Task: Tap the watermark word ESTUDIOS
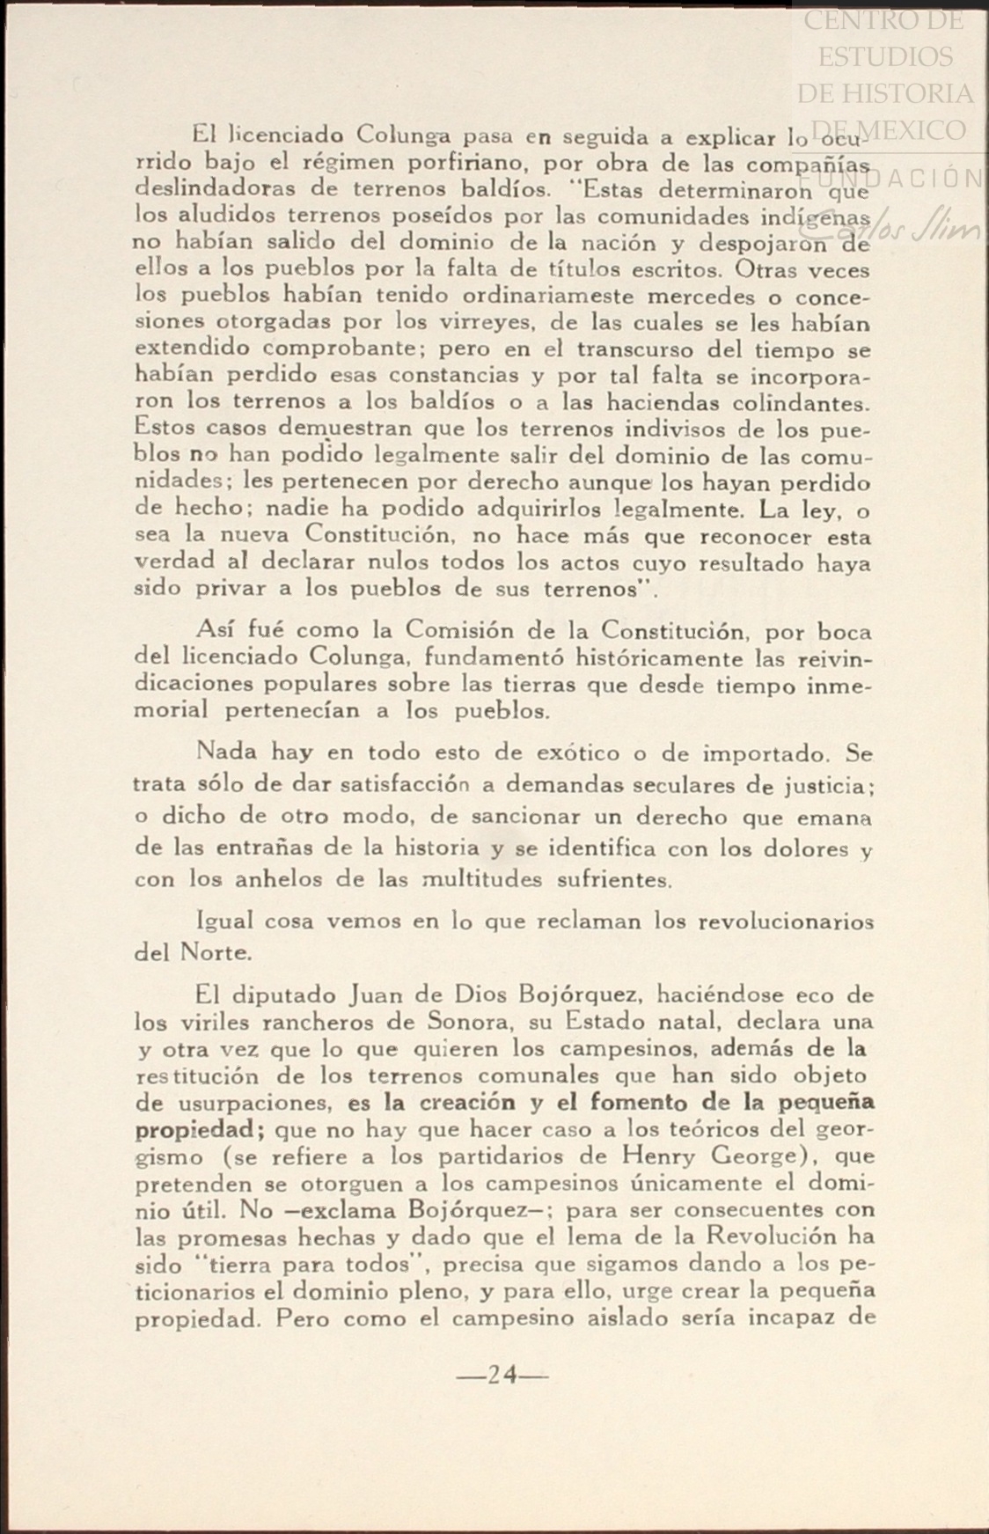884,56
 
